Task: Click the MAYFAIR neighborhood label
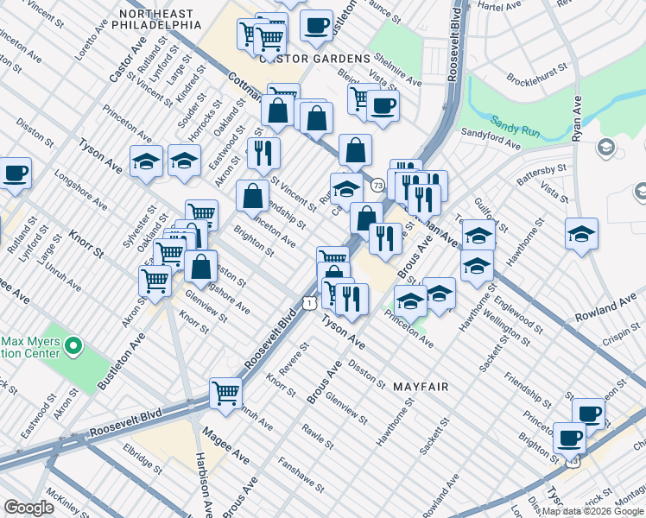coord(421,387)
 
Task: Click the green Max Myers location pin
coord(73,347)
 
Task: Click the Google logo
coord(28,508)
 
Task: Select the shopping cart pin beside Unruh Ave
coord(226,392)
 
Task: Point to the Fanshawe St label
coord(301,475)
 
